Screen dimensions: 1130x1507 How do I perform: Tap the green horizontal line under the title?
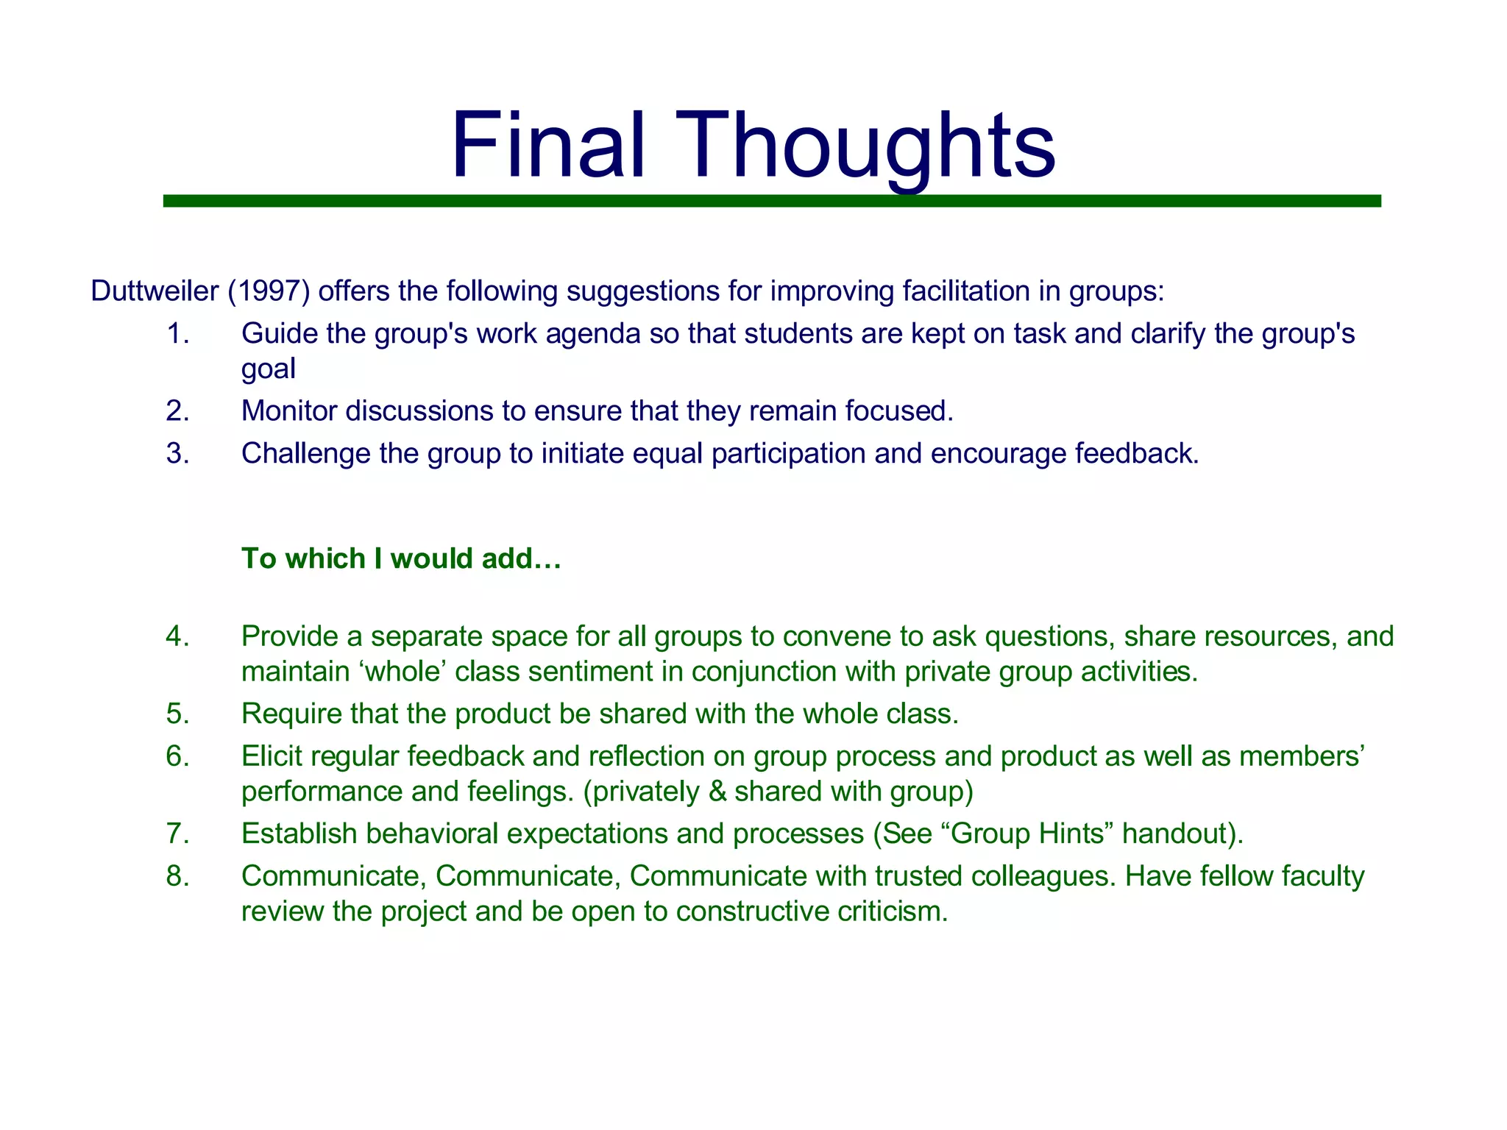coord(771,201)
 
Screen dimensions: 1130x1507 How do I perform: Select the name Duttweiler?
coord(155,291)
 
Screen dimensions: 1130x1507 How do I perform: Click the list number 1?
coord(177,334)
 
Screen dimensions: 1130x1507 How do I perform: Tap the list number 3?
coord(177,453)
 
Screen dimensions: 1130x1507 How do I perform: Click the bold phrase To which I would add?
coord(401,558)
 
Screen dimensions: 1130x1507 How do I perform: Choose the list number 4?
coord(177,636)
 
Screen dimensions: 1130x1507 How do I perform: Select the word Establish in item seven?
coord(299,834)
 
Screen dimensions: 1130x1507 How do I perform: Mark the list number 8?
coord(177,876)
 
